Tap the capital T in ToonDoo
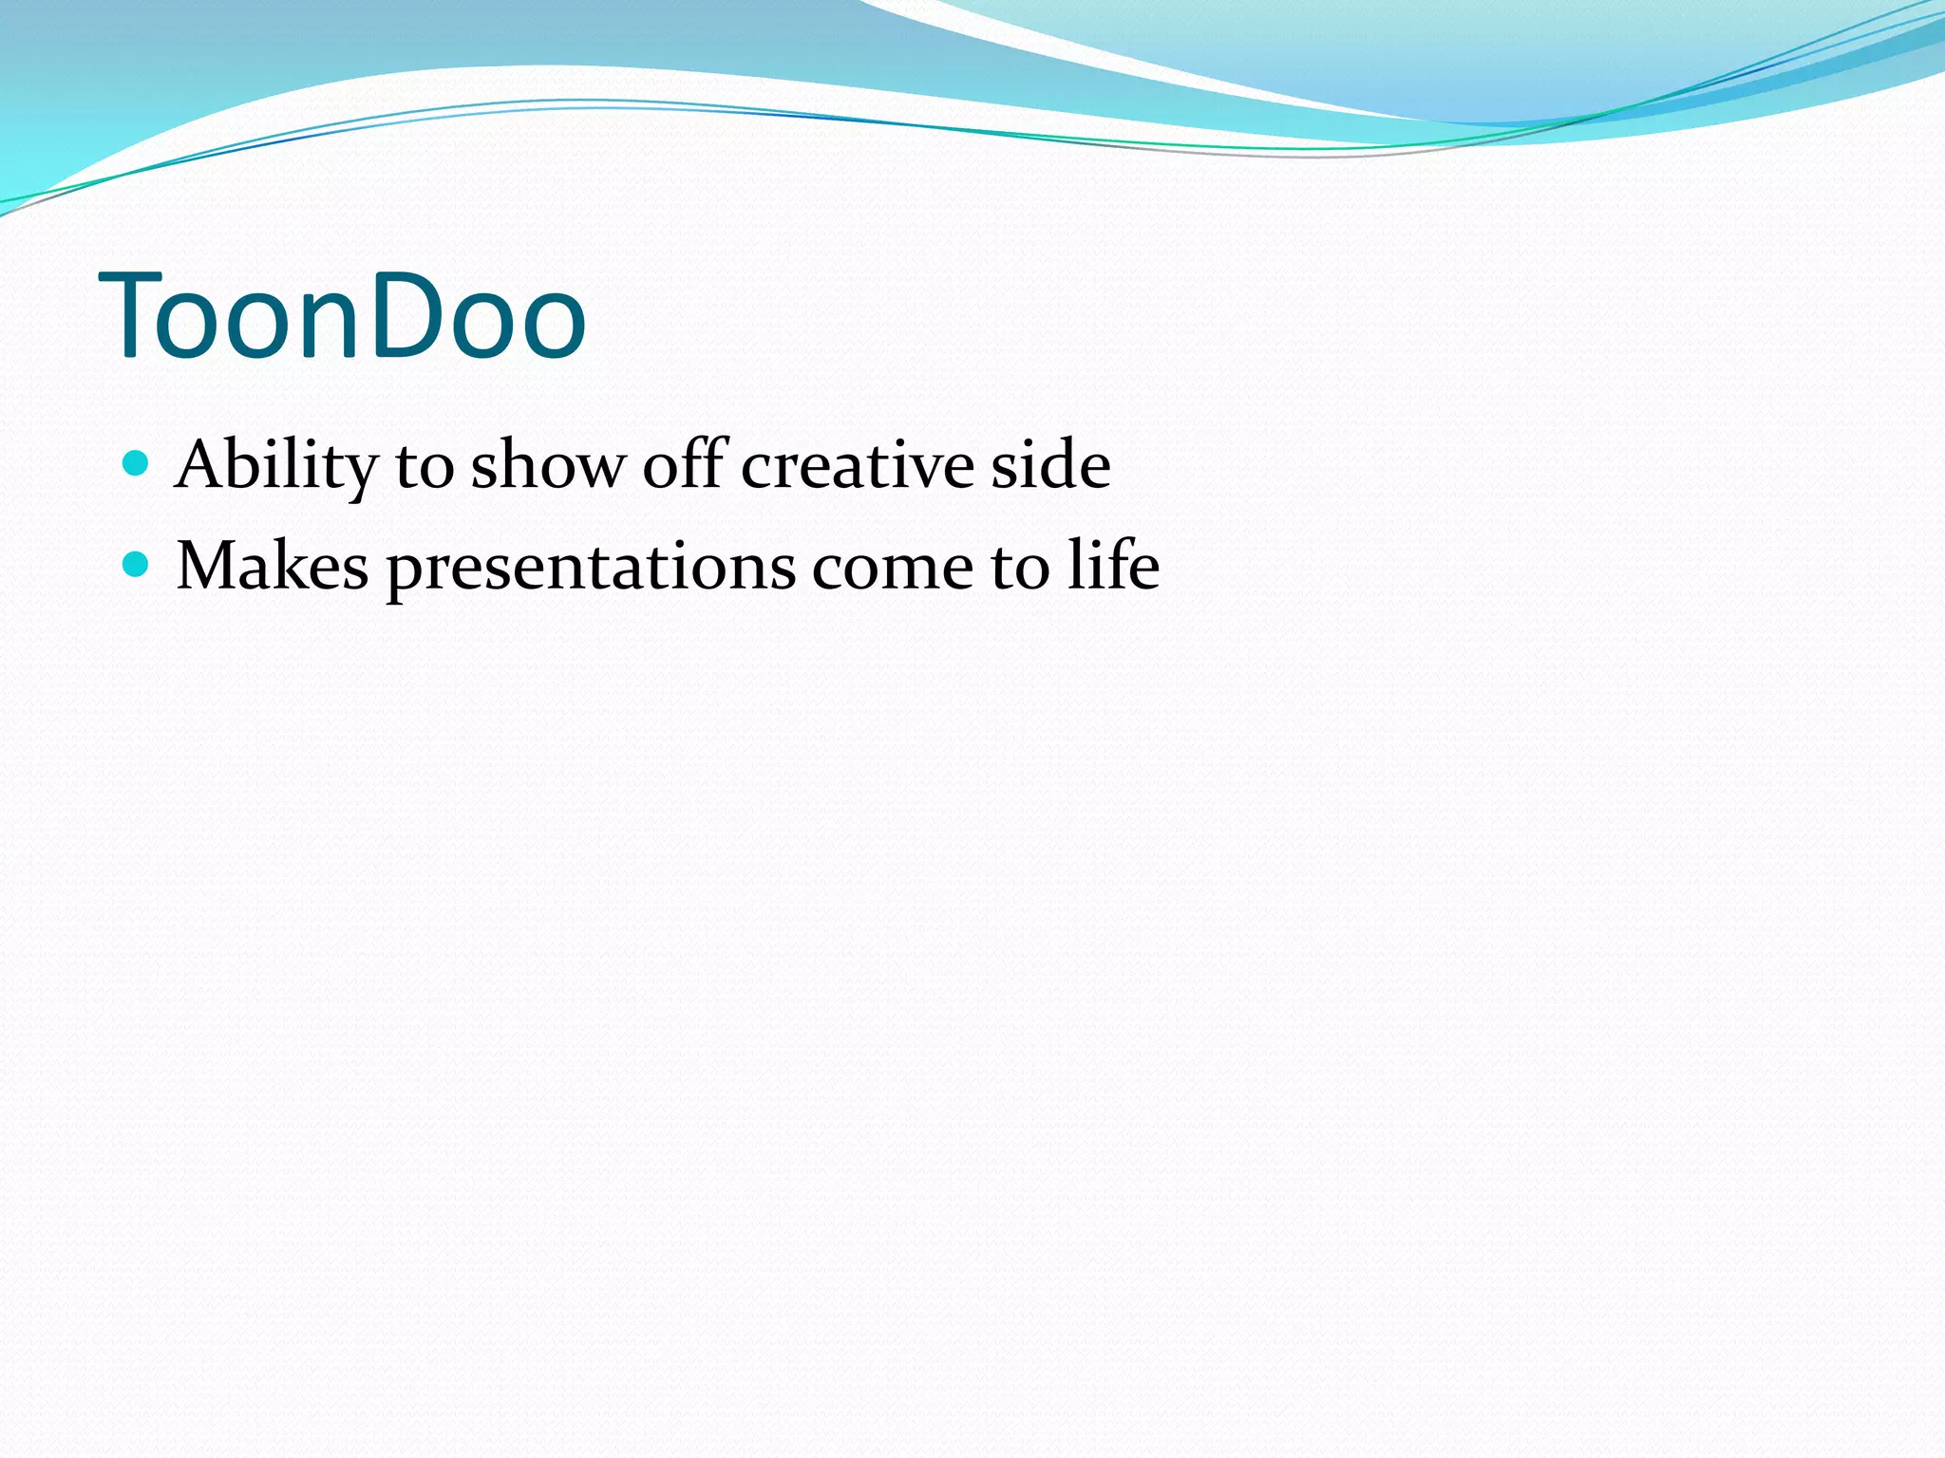coord(142,316)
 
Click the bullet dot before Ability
coord(137,463)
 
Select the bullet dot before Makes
coord(137,565)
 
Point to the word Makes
coord(273,567)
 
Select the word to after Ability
coord(425,467)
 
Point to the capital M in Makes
coord(208,567)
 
